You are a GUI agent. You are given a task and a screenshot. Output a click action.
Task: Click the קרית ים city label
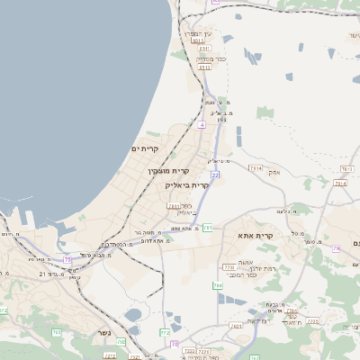pyautogui.click(x=144, y=148)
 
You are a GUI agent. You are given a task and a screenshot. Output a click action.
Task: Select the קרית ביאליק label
pyautogui.click(x=186, y=185)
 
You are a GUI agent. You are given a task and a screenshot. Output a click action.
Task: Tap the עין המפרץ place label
pyautogui.click(x=198, y=33)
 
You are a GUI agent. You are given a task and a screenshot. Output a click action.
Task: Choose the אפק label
pyautogui.click(x=274, y=171)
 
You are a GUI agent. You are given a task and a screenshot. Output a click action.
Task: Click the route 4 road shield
pyautogui.click(x=202, y=125)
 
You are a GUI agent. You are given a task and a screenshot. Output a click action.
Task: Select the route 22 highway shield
pyautogui.click(x=215, y=175)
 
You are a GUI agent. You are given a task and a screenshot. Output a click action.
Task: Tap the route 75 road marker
pyautogui.click(x=67, y=260)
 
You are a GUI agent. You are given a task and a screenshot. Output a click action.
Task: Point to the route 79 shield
pyautogui.click(x=336, y=248)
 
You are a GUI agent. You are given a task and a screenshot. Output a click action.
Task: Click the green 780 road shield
pyautogui.click(x=218, y=286)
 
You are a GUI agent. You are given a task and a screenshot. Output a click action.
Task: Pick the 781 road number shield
pyautogui.click(x=208, y=228)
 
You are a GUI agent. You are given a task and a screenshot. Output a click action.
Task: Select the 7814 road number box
pyautogui.click(x=255, y=168)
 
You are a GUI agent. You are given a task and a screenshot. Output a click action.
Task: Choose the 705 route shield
pyautogui.click(x=121, y=342)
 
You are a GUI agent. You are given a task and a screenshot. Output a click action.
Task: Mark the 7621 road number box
pyautogui.click(x=237, y=326)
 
